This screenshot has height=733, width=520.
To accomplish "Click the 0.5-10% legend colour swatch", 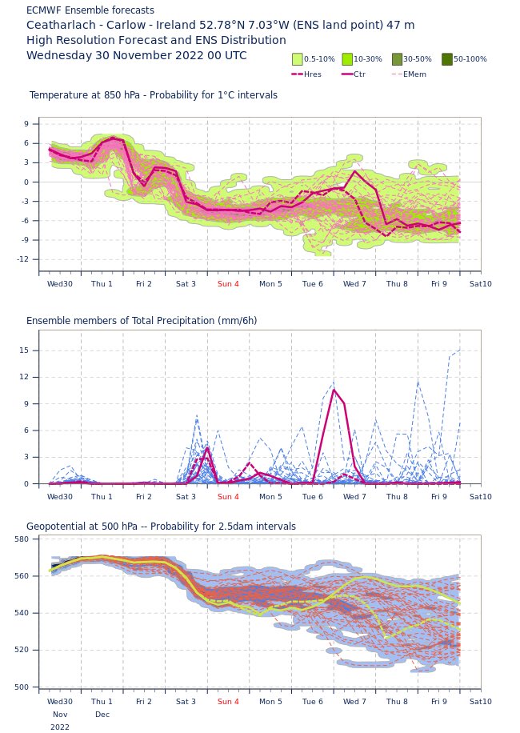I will [x=298, y=59].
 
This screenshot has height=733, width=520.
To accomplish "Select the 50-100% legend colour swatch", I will [x=446, y=59].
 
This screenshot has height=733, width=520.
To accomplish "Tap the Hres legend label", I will [x=313, y=74].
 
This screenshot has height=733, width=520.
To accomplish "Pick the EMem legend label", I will [x=414, y=74].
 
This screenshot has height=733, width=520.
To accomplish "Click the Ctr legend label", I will [x=359, y=74].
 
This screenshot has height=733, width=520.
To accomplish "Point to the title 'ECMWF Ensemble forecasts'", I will [x=90, y=10].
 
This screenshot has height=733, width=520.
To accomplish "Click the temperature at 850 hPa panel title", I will [x=154, y=95].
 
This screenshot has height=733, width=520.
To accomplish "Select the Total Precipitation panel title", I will [x=142, y=321].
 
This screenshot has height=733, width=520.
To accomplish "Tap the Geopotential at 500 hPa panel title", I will [x=161, y=527].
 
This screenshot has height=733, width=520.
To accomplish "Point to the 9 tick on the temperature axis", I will [x=26, y=124].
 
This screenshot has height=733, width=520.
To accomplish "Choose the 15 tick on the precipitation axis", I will [x=24, y=350].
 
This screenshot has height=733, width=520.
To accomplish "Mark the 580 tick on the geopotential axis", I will [x=22, y=539].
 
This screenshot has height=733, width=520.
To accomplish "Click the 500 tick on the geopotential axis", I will [x=22, y=687].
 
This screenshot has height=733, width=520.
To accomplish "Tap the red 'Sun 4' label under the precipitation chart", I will [x=228, y=497].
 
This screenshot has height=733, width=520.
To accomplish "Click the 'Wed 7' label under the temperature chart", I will [x=354, y=284].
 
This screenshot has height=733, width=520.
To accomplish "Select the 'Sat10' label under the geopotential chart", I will [x=481, y=702].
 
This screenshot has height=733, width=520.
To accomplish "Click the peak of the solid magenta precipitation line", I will [x=334, y=390].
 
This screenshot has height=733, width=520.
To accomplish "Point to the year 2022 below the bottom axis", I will [x=60, y=727].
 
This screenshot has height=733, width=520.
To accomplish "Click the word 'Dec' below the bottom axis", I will [x=102, y=715].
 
